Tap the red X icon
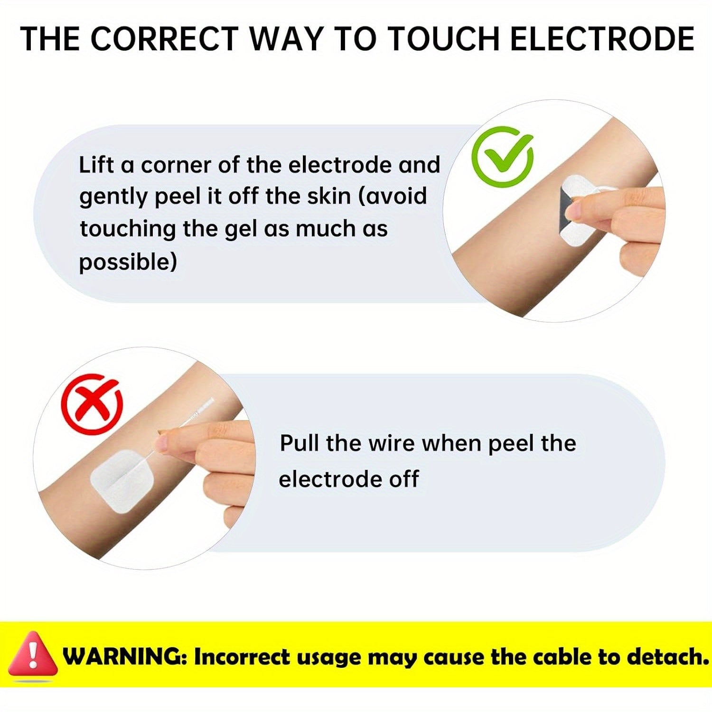(x=92, y=403)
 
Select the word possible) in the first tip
(x=128, y=262)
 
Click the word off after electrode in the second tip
(x=404, y=479)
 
